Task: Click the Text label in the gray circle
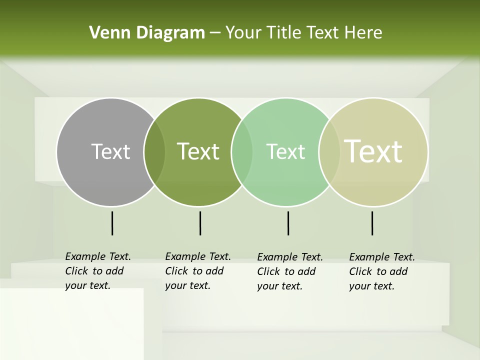click(x=110, y=151)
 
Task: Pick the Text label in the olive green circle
click(x=198, y=151)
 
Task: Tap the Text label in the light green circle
click(x=285, y=151)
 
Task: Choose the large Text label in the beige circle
click(x=373, y=151)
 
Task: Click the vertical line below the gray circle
click(x=112, y=223)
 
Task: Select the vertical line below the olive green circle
click(x=200, y=223)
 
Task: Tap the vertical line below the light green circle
click(x=288, y=223)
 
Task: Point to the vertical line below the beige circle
click(x=372, y=223)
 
